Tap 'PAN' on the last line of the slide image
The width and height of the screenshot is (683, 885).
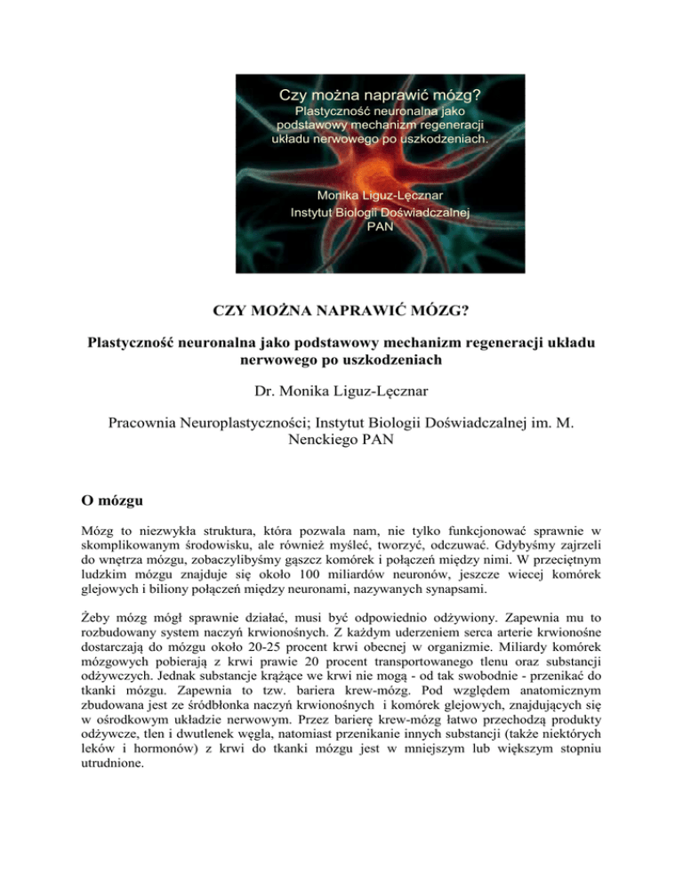380,226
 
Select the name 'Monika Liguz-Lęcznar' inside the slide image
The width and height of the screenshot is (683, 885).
380,195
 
